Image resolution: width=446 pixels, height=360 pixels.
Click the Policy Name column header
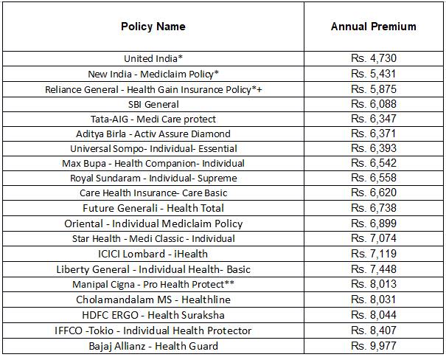click(153, 27)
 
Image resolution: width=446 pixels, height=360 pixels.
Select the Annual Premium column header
click(373, 27)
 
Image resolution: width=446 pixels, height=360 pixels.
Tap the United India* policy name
click(153, 58)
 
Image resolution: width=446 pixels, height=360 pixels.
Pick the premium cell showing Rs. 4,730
click(373, 58)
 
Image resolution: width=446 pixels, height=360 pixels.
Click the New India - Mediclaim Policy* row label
click(153, 74)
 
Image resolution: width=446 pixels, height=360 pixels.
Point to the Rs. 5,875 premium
click(373, 89)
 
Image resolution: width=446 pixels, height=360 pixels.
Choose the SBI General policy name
click(153, 105)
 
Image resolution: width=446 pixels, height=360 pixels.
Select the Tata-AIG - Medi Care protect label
click(153, 119)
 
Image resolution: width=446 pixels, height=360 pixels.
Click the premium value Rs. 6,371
click(373, 134)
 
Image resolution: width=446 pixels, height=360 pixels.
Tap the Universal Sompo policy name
click(153, 148)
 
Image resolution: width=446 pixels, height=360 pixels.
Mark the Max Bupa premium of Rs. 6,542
click(373, 163)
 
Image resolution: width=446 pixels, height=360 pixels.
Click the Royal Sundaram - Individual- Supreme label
click(153, 178)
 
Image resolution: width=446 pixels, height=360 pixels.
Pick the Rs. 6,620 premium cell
click(373, 193)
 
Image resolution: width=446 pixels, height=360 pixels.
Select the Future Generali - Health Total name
click(153, 208)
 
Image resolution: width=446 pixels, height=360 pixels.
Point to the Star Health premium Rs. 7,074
click(373, 238)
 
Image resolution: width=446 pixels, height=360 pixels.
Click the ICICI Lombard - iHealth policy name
click(153, 254)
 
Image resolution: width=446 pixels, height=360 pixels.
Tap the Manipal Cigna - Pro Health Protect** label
click(153, 284)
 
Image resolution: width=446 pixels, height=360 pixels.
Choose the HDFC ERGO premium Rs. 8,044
click(373, 314)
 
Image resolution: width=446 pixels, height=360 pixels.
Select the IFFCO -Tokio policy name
click(153, 330)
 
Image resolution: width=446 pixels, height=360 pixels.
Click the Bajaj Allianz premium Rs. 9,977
click(373, 345)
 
